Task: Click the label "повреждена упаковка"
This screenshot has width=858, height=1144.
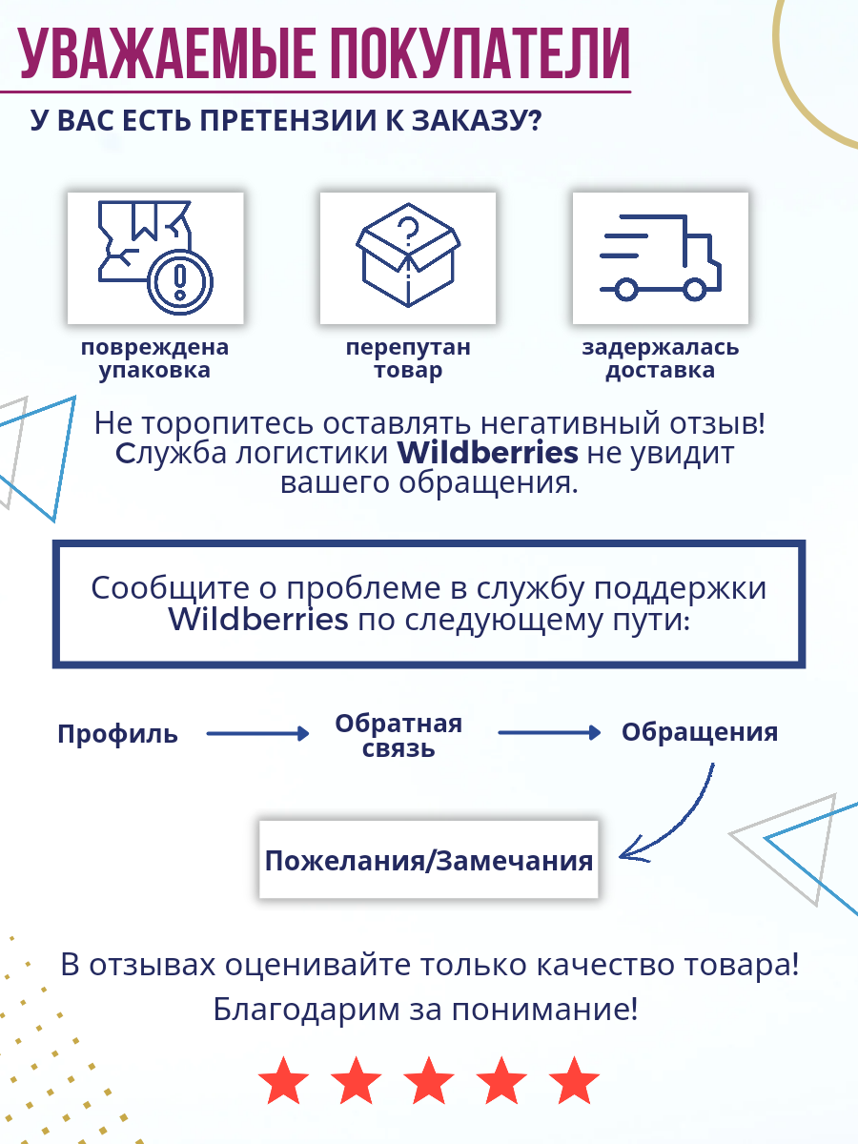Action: [154, 359]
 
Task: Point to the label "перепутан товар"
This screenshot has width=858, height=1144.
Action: [408, 359]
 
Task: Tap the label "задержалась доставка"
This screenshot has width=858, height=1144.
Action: [660, 359]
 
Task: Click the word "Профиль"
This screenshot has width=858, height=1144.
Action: [117, 734]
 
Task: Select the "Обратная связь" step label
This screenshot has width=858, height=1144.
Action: [398, 735]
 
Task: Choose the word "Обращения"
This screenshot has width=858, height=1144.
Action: [700, 732]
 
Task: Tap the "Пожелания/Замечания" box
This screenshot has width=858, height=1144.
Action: [429, 860]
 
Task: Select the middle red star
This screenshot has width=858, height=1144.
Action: [429, 1081]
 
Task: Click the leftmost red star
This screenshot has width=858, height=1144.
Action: [284, 1081]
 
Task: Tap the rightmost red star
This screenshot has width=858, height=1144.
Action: [574, 1081]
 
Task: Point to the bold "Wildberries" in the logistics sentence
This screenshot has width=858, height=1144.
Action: [487, 451]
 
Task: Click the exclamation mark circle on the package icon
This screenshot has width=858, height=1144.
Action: [180, 280]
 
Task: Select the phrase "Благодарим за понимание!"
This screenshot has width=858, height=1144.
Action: [425, 1010]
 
